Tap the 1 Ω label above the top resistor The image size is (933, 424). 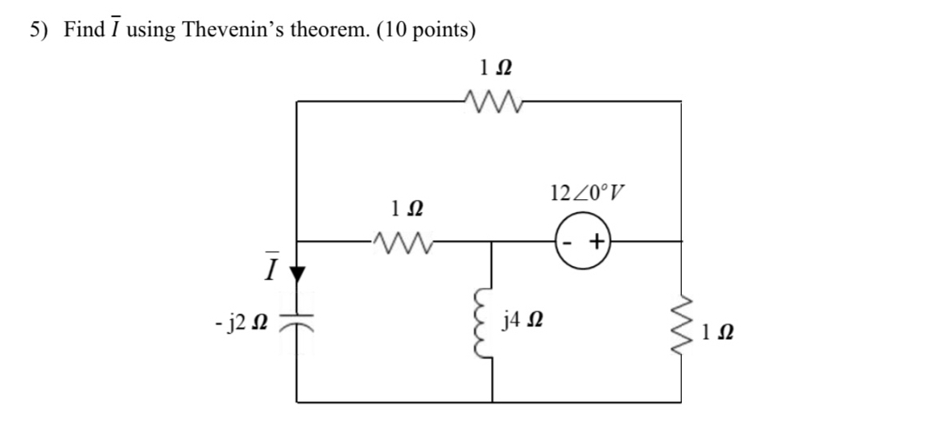(493, 68)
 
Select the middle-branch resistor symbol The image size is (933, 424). (400, 239)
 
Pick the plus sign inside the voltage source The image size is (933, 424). (597, 240)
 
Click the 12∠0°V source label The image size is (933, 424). (588, 193)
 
